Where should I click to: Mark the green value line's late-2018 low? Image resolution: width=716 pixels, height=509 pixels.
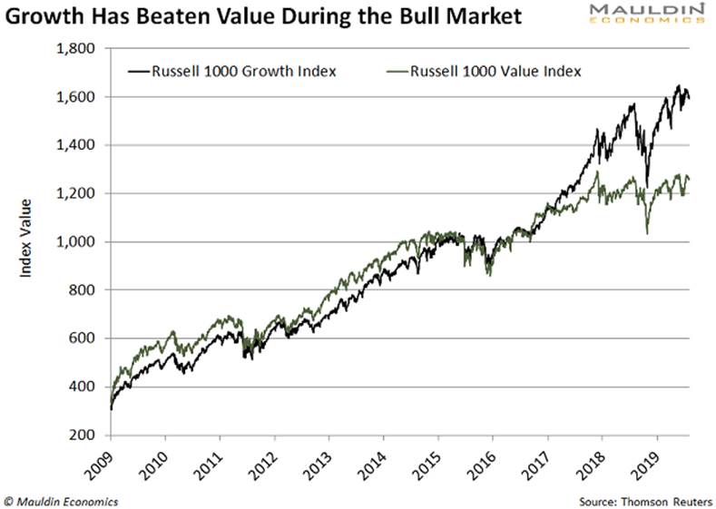pyautogui.click(x=648, y=233)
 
